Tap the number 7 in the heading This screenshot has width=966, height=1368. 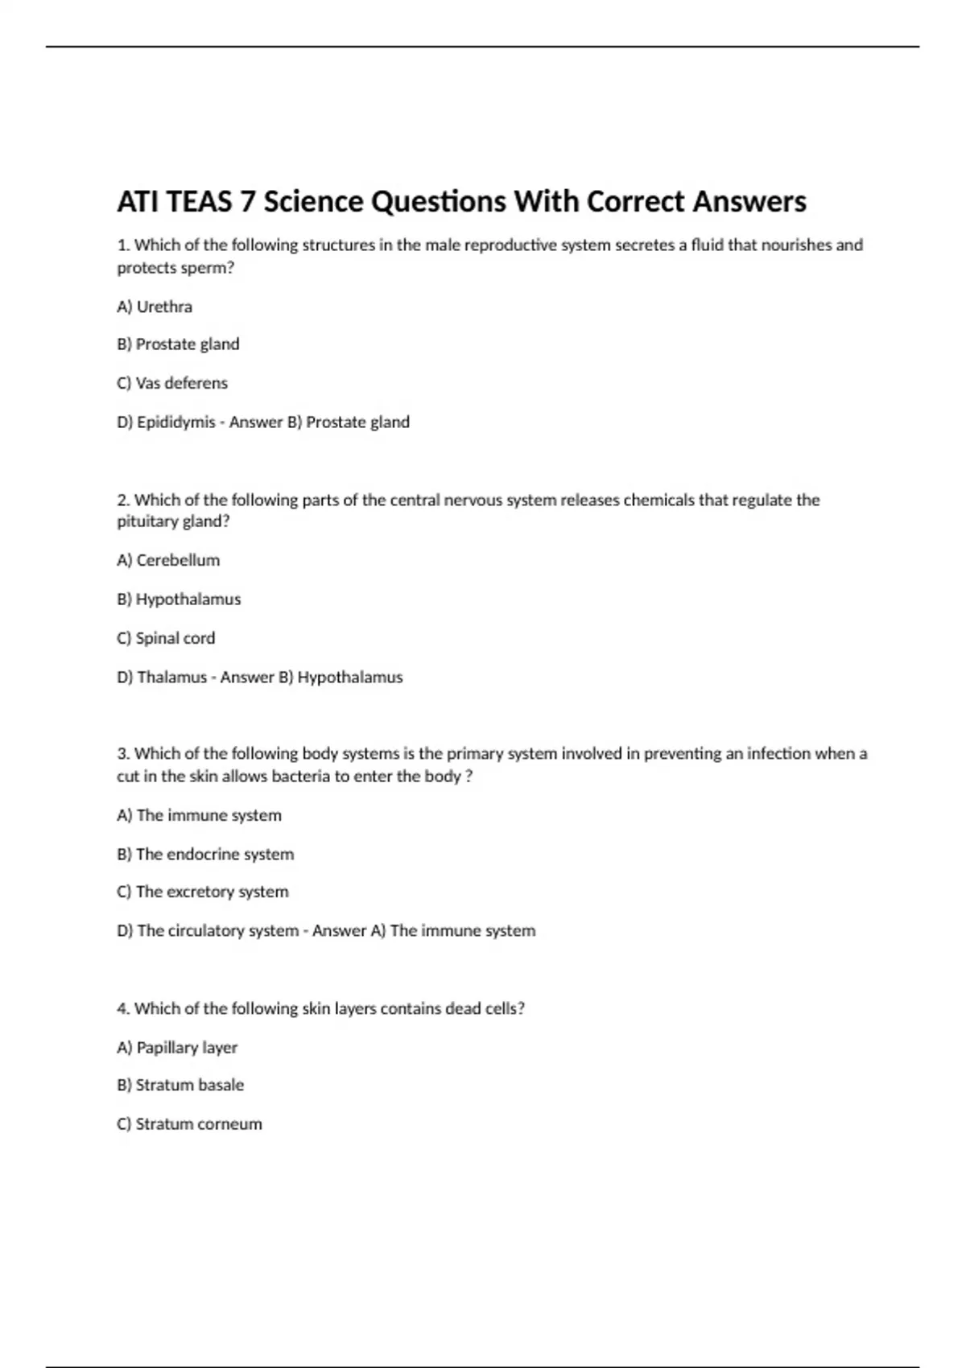coord(247,201)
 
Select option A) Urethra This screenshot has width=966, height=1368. coord(155,307)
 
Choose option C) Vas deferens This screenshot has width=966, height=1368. coord(172,383)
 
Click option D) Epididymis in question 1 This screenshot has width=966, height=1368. coord(166,422)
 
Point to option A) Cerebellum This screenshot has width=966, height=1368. coord(168,560)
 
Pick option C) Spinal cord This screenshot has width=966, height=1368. coord(166,638)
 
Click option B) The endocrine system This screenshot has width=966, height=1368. coord(205,854)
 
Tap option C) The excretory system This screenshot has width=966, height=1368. coord(203,892)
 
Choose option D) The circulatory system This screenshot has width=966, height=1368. coord(208,930)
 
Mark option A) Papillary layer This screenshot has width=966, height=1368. coord(177,1048)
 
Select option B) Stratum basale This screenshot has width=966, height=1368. coord(180,1085)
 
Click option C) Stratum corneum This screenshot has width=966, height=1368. coord(189,1124)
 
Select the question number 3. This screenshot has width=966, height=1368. coord(123,754)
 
